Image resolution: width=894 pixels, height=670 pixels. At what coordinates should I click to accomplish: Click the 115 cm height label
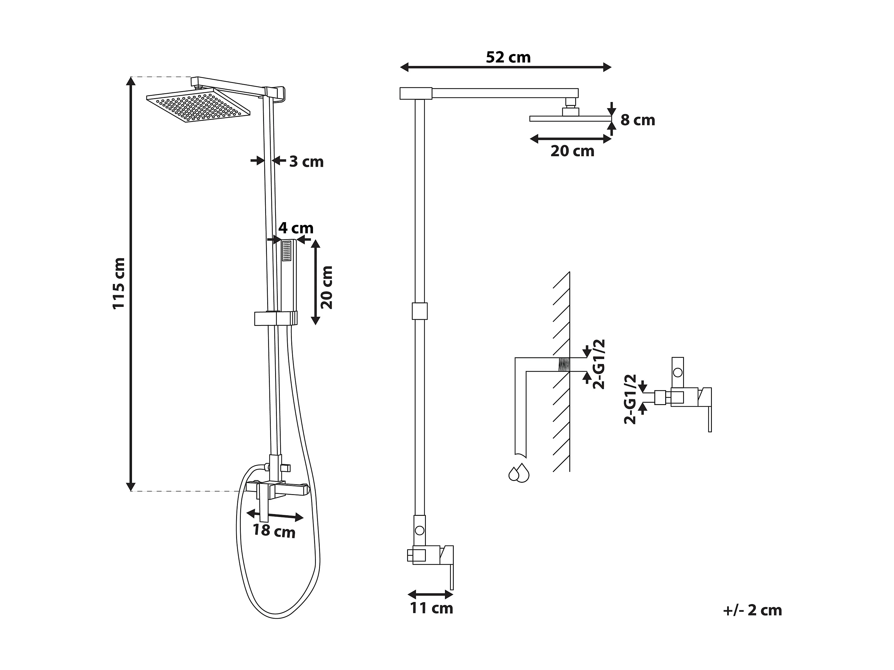(x=119, y=283)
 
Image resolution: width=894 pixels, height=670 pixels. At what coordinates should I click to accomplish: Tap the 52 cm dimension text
(x=508, y=57)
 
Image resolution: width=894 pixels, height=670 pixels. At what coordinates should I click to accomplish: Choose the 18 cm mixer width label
(x=274, y=531)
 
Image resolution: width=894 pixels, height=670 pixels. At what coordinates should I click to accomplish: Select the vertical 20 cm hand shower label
(x=326, y=287)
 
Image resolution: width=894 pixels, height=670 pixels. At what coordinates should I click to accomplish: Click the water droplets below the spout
(x=519, y=473)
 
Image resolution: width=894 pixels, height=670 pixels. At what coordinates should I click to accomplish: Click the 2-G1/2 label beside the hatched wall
(x=599, y=364)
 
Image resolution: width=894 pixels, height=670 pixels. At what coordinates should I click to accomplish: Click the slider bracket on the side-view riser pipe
(x=419, y=311)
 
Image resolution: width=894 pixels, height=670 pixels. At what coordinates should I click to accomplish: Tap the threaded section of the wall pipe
(x=563, y=364)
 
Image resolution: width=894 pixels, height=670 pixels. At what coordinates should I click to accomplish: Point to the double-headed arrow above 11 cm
(x=431, y=594)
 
